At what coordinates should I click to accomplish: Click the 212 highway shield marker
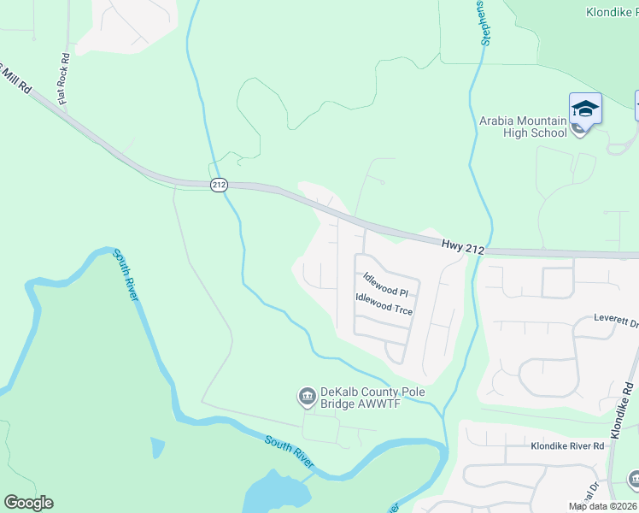click(217, 184)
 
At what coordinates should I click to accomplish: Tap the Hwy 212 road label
click(463, 245)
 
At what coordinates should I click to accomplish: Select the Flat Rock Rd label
click(63, 78)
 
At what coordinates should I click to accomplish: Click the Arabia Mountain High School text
click(522, 127)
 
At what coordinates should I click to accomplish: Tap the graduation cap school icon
click(585, 109)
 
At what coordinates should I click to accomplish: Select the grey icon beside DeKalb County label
click(306, 396)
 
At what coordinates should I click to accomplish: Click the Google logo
click(28, 503)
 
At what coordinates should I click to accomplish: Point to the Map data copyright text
click(602, 506)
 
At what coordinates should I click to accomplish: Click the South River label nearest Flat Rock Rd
click(126, 274)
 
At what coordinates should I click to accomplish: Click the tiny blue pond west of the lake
click(156, 446)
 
